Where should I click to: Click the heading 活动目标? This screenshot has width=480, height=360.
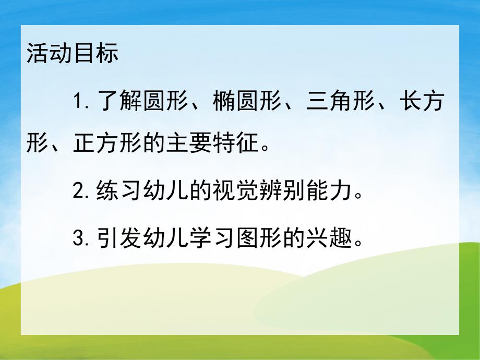(72, 54)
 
